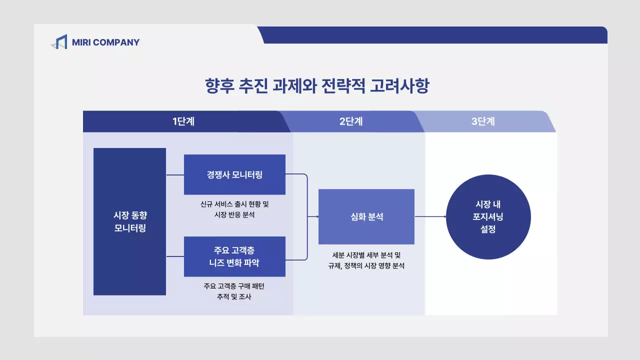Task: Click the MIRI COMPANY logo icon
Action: coord(59,42)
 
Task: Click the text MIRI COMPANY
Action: coord(105,42)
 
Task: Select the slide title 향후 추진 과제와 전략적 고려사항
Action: coord(317,86)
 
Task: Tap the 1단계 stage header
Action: coord(183,121)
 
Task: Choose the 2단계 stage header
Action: coord(351,121)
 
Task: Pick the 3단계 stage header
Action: coord(483,121)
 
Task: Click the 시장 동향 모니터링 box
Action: coord(129,221)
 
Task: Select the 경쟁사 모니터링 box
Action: coord(234,174)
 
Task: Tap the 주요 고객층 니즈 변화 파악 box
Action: coord(234,256)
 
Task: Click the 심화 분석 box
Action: coord(366,216)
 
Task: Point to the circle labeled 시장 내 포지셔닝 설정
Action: coord(488,217)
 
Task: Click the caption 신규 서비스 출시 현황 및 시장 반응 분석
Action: coord(234,209)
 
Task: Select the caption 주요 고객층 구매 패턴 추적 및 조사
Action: coord(234,291)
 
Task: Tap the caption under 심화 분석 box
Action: coord(366,260)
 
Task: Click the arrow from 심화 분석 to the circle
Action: coord(429,216)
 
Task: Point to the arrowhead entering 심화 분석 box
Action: coord(316,216)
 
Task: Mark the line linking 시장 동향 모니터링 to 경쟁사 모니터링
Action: coord(175,174)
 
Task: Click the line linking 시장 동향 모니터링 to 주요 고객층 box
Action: coord(175,256)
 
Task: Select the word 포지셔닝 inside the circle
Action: coord(488,217)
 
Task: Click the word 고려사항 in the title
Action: coord(399,86)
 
